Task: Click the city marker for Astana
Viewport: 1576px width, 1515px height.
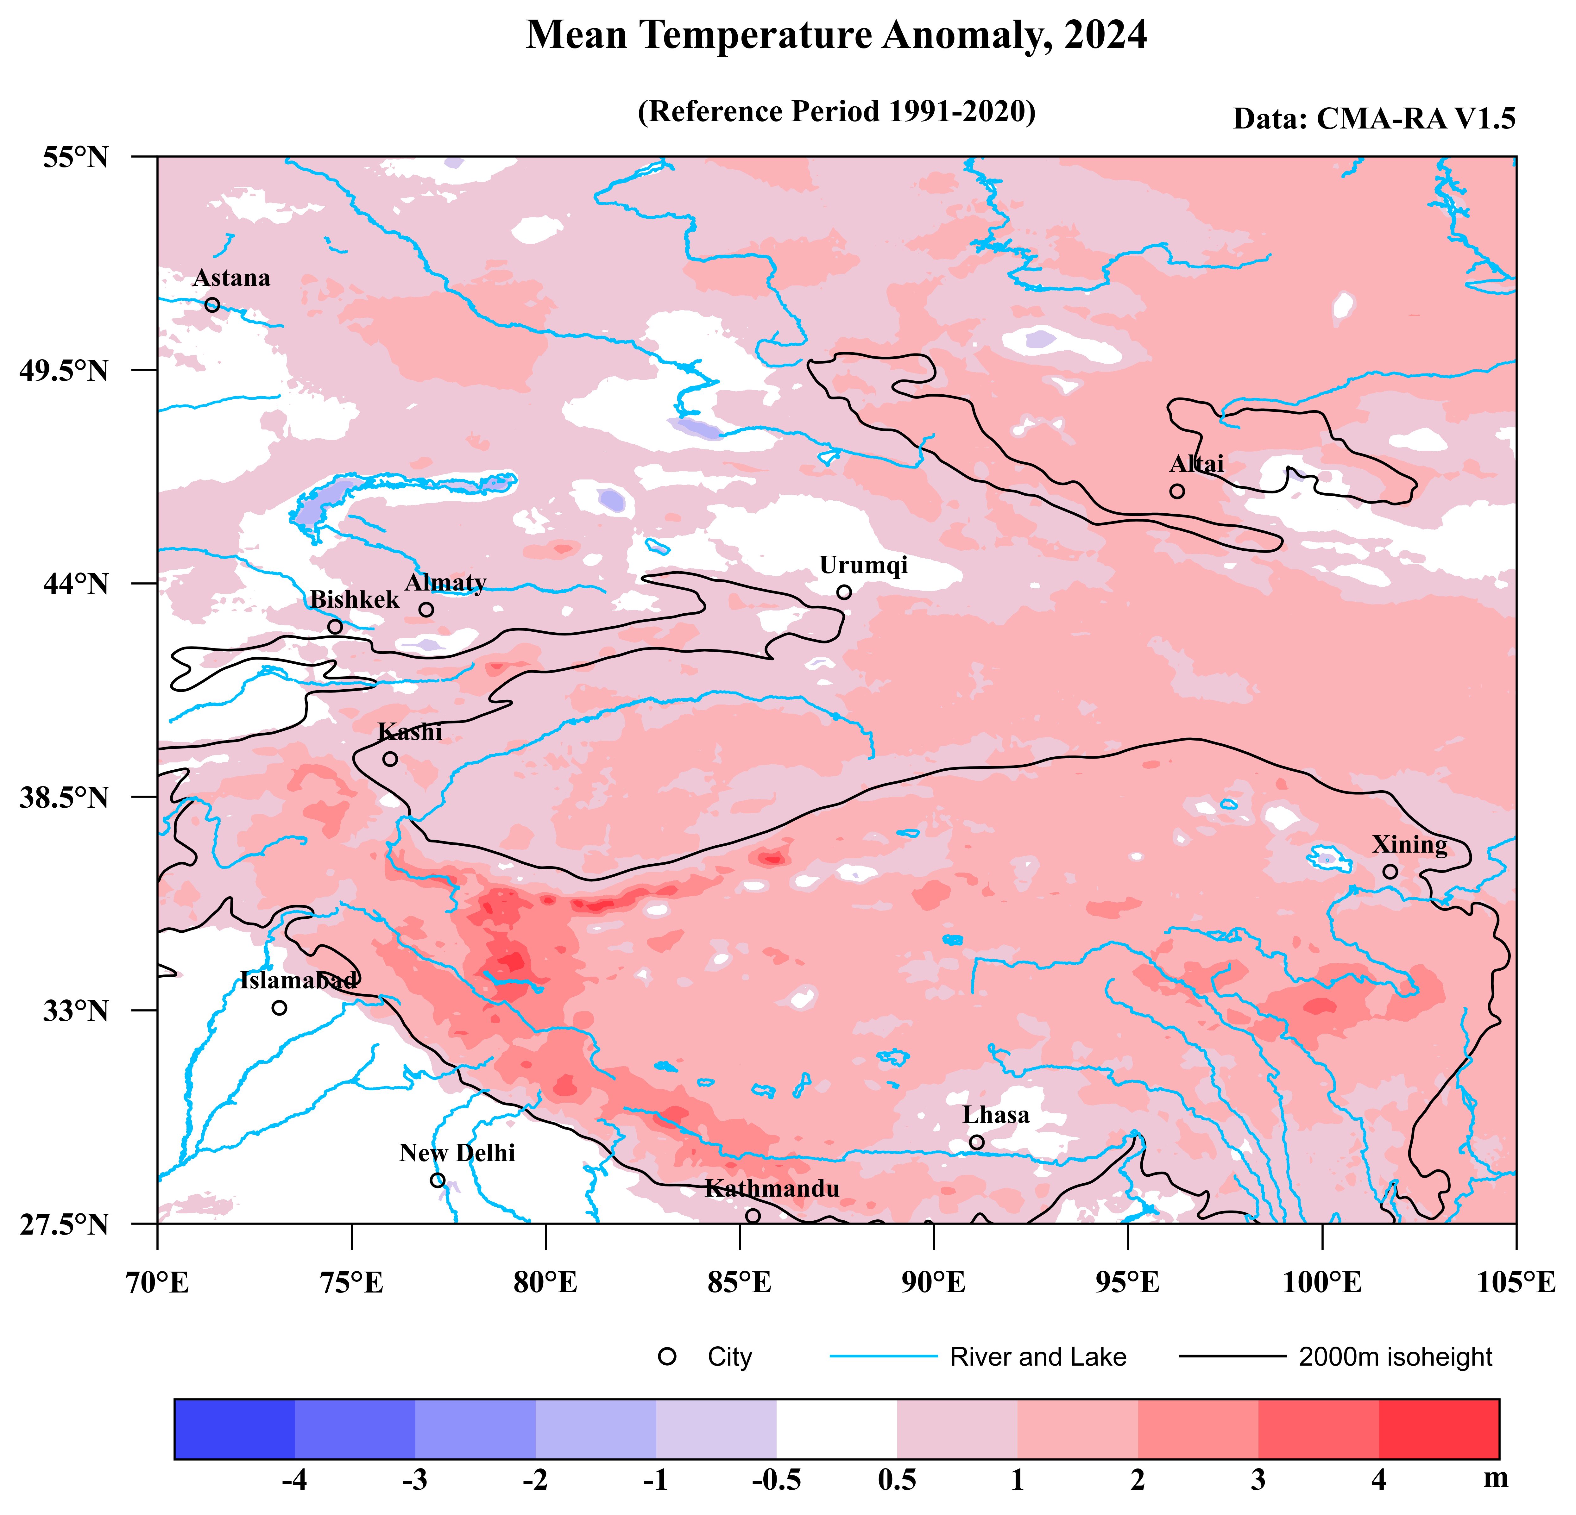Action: click(x=212, y=304)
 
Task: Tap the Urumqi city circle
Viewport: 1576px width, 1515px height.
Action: click(x=843, y=592)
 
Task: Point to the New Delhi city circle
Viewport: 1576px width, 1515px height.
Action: click(x=438, y=1180)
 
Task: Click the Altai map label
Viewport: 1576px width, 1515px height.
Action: click(x=1196, y=464)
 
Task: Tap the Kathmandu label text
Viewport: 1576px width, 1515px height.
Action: click(x=772, y=1189)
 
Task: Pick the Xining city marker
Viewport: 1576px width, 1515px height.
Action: click(x=1390, y=871)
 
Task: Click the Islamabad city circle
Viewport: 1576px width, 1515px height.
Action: click(x=279, y=1008)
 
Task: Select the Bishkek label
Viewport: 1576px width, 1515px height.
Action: click(x=355, y=599)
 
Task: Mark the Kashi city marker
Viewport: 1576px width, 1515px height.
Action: click(x=390, y=759)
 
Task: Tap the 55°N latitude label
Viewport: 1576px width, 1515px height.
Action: click(x=76, y=158)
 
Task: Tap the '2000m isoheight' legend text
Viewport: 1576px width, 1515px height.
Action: click(x=1395, y=1357)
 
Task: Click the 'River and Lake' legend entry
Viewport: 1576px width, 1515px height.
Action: click(x=1037, y=1357)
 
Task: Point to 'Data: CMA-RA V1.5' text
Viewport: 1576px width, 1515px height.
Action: click(x=1374, y=119)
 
